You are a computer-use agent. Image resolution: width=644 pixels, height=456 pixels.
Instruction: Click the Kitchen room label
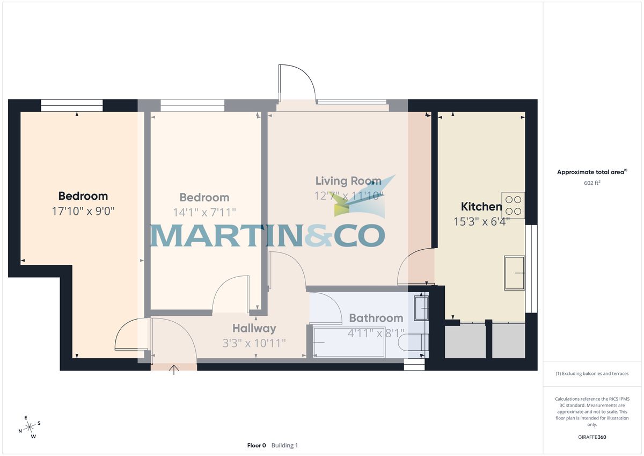tap(481, 207)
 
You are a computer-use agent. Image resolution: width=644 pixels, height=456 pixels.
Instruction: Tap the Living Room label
tap(348, 181)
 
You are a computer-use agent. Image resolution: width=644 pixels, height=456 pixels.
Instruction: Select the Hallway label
tap(254, 328)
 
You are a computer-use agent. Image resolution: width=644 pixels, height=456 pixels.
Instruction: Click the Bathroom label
tap(376, 319)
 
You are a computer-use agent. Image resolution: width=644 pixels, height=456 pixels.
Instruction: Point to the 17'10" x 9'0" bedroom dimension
tap(83, 212)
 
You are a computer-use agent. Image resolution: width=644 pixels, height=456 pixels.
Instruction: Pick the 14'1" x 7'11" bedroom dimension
tap(204, 213)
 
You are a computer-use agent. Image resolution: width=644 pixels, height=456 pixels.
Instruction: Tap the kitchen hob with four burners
tap(513, 205)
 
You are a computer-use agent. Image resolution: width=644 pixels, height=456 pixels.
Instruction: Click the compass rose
tap(30, 427)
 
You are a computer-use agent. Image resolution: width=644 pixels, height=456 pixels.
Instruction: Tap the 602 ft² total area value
tap(592, 183)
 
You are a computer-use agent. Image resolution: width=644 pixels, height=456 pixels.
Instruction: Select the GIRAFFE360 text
tap(592, 437)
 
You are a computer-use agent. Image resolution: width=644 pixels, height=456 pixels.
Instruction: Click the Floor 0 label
tap(257, 445)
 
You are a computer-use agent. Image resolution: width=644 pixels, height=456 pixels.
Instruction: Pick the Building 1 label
tap(284, 445)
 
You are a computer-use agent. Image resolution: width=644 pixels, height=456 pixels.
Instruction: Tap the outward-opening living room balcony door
tap(295, 83)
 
